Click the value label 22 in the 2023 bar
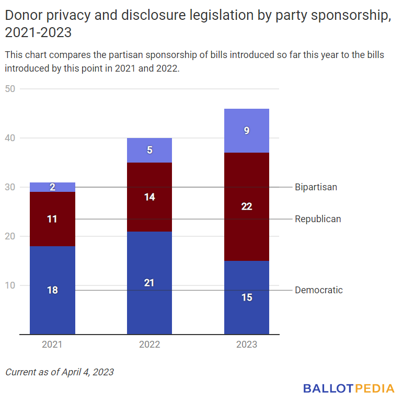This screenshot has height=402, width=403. pyautogui.click(x=247, y=206)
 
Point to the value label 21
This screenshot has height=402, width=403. pyautogui.click(x=149, y=283)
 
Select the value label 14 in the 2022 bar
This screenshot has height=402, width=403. pyautogui.click(x=149, y=197)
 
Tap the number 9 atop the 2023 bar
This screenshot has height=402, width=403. pyautogui.click(x=247, y=131)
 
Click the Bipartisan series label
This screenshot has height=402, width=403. pyautogui.click(x=316, y=187)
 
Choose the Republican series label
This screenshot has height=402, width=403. pyautogui.click(x=318, y=219)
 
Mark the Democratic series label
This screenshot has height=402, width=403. pyautogui.click(x=319, y=290)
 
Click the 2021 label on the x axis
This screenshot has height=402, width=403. pyautogui.click(x=52, y=344)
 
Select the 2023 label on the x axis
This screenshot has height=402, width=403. pyautogui.click(x=247, y=344)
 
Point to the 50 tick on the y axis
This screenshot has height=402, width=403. pyautogui.click(x=10, y=89)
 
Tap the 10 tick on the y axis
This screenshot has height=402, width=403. pyautogui.click(x=10, y=285)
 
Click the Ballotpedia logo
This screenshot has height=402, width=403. pyautogui.click(x=349, y=388)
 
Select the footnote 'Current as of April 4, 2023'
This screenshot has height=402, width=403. pyautogui.click(x=60, y=372)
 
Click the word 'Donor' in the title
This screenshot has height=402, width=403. pyautogui.click(x=20, y=16)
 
